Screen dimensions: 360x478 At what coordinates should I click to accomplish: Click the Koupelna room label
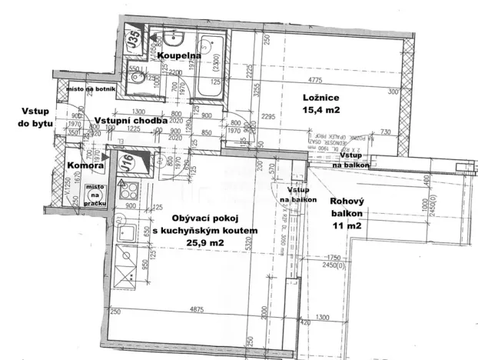click(x=179, y=55)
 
